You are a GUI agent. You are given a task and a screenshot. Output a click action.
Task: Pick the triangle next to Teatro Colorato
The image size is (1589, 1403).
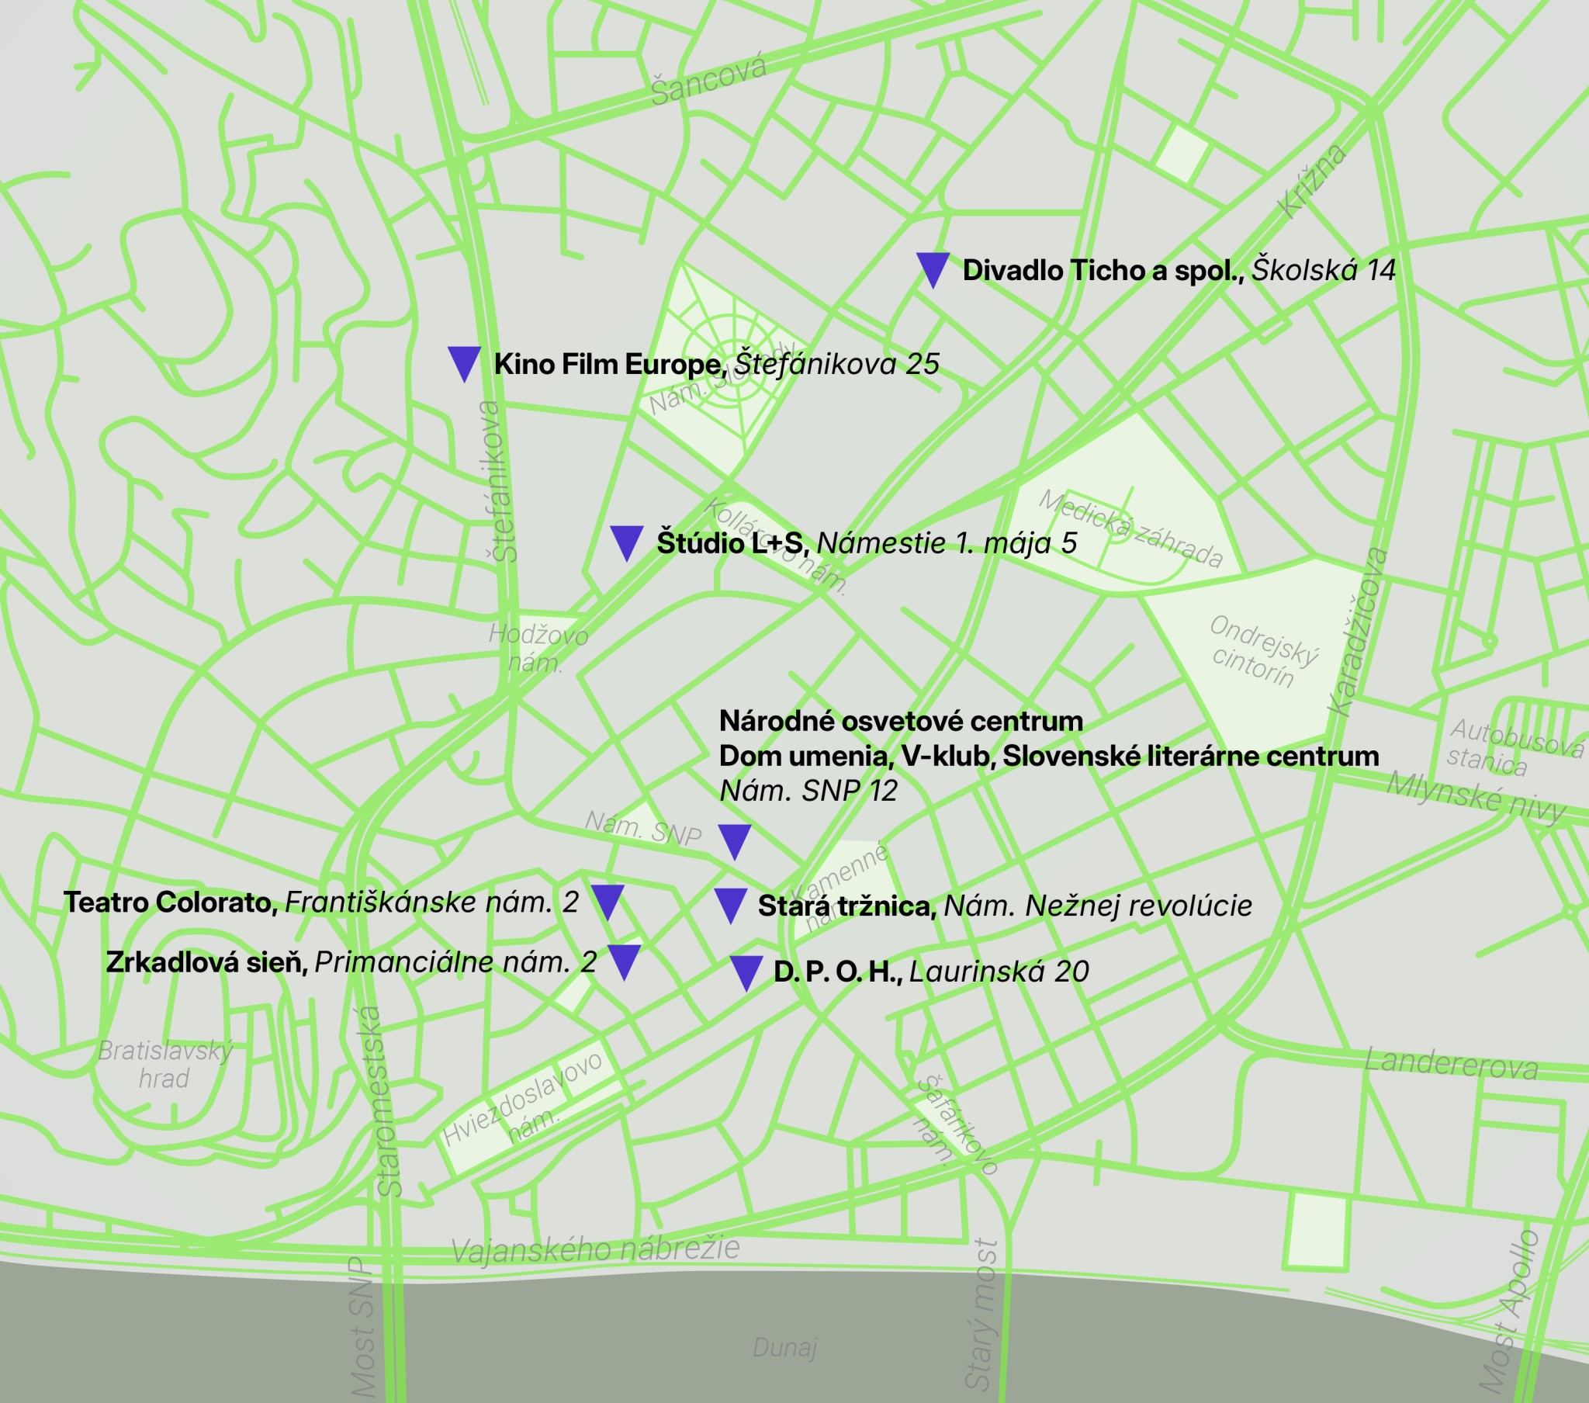click(x=608, y=902)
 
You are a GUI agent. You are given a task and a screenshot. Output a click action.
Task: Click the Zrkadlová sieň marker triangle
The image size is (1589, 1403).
click(x=624, y=961)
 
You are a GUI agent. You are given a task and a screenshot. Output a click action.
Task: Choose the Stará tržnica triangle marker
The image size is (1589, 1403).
click(x=730, y=906)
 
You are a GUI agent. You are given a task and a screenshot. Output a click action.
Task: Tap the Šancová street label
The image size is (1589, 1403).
click(x=708, y=79)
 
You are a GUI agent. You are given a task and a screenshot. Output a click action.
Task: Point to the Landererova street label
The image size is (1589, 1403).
click(x=1451, y=1064)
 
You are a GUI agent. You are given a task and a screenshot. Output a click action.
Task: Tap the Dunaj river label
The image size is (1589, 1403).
click(x=784, y=1347)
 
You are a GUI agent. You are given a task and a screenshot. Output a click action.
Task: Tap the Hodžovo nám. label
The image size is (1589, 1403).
click(x=537, y=648)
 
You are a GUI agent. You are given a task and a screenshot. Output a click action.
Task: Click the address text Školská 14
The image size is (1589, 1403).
click(x=1322, y=270)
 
